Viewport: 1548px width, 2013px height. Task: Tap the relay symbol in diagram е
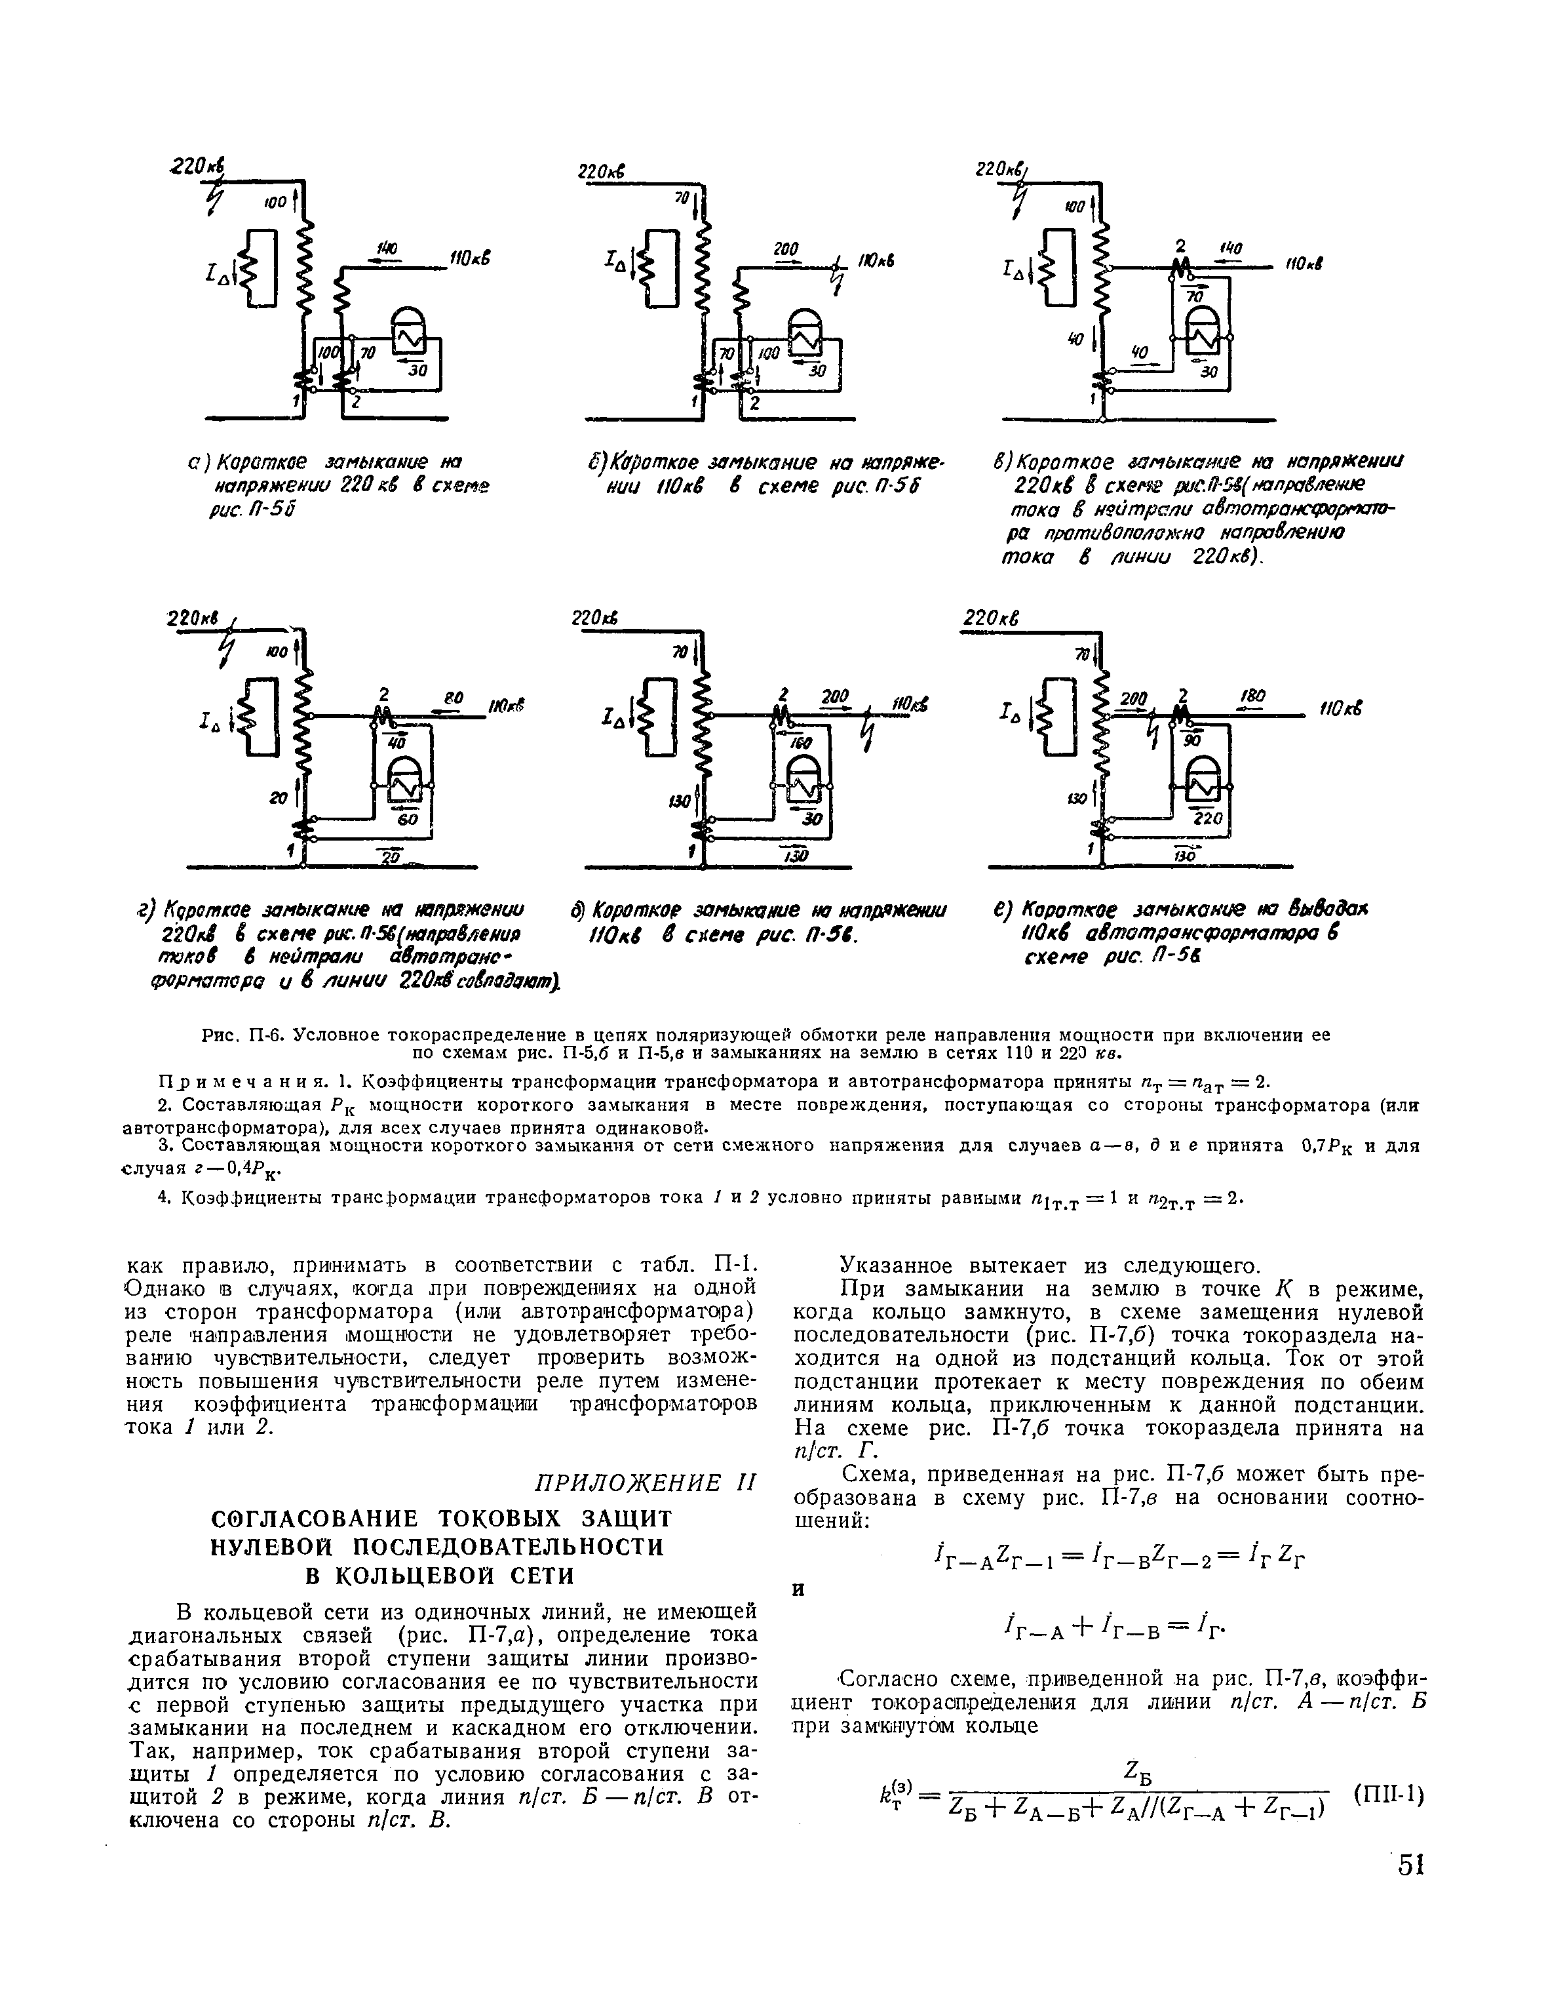[1201, 781]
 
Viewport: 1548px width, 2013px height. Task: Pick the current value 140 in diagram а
[385, 249]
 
